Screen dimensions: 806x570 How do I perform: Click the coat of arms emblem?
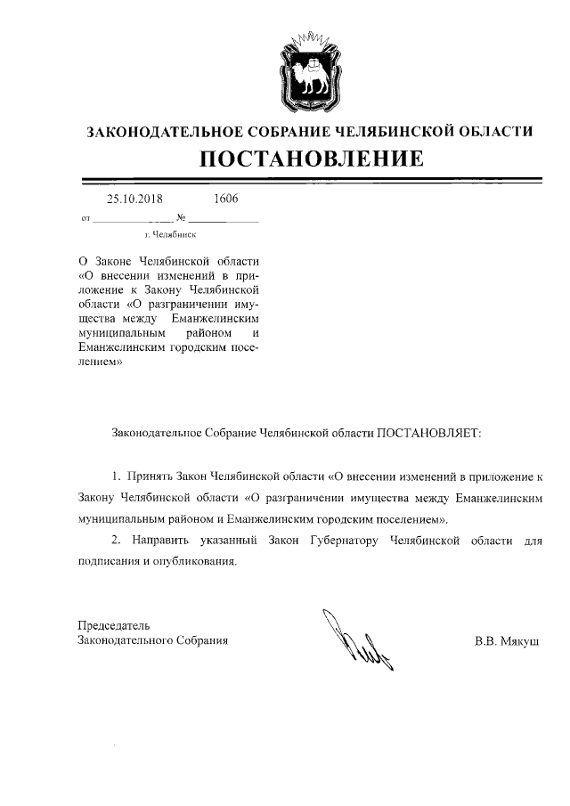(309, 68)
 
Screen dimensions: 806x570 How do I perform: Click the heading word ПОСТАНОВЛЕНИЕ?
(309, 160)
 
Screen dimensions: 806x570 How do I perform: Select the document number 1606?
(226, 199)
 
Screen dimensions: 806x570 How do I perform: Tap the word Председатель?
(112, 625)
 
